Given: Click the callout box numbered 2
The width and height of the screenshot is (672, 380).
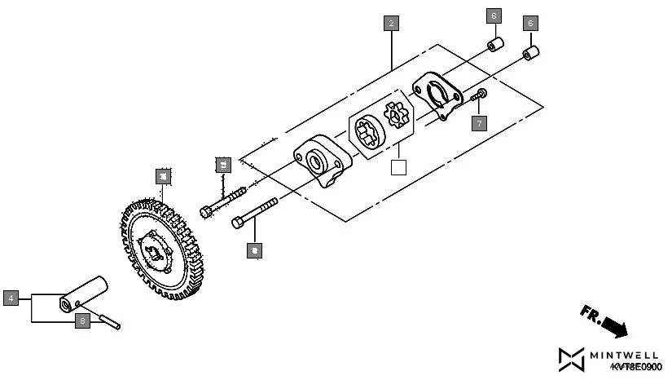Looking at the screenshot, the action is (392, 24).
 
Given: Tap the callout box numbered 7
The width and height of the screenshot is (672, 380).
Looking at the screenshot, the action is (479, 123).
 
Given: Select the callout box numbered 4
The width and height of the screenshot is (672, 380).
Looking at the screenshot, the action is (11, 298).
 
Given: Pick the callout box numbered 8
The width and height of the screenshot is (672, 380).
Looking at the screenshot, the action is (82, 321).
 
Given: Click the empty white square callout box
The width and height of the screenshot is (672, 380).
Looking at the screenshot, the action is (398, 168).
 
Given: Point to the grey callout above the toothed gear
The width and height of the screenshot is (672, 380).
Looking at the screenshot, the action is (163, 175).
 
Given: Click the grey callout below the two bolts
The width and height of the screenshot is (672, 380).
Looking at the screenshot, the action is (255, 250).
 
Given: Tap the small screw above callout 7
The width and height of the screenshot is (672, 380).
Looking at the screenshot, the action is (480, 96).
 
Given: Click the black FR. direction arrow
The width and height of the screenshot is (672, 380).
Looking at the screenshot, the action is (605, 320).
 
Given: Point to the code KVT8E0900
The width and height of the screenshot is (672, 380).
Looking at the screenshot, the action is (636, 369).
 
